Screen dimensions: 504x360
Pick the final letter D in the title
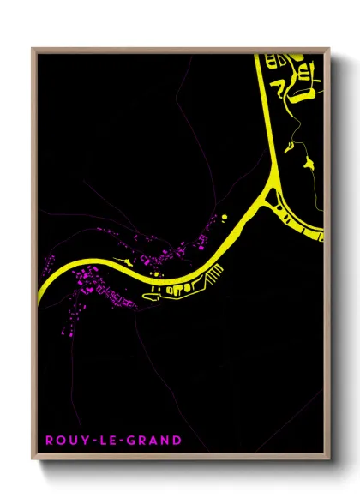tap(177, 441)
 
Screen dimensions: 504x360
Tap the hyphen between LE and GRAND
tap(122, 441)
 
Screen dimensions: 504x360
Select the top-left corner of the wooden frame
tap(33, 49)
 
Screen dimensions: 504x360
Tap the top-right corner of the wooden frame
tap(328, 49)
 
